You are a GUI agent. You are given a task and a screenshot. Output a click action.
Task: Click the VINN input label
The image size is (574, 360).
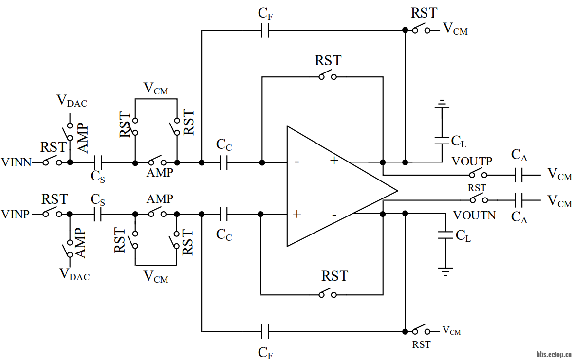coord(17,162)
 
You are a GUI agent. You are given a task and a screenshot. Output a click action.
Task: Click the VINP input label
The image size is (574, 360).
coord(17,214)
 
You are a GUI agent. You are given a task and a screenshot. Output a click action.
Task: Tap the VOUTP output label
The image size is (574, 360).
coord(472,161)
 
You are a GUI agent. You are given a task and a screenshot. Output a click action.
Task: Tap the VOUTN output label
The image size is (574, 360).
coord(474,215)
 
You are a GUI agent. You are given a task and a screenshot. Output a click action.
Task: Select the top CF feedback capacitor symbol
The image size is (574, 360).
coord(265,31)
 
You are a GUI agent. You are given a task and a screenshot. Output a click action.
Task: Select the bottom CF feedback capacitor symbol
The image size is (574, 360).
coord(265,332)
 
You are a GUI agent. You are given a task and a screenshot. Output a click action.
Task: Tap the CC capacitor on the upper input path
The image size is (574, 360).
coord(224,162)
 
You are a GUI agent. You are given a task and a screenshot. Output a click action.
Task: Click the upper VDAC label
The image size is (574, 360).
coord(72,101)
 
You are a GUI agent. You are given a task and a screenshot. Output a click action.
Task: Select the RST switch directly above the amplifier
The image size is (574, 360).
coord(327,76)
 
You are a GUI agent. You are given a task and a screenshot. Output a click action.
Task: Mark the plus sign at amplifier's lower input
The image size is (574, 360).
coord(296,214)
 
